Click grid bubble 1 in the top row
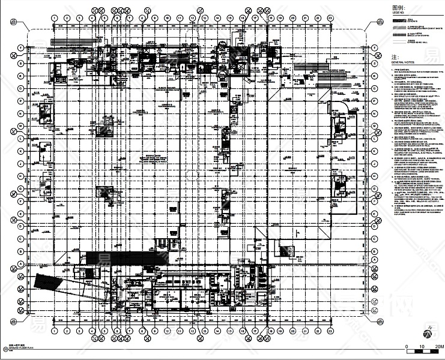(x=54, y=18)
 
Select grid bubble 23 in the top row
(x=330, y=18)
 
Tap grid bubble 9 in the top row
(x=154, y=18)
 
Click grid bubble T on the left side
(x=20, y=47)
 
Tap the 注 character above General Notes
(x=394, y=56)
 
